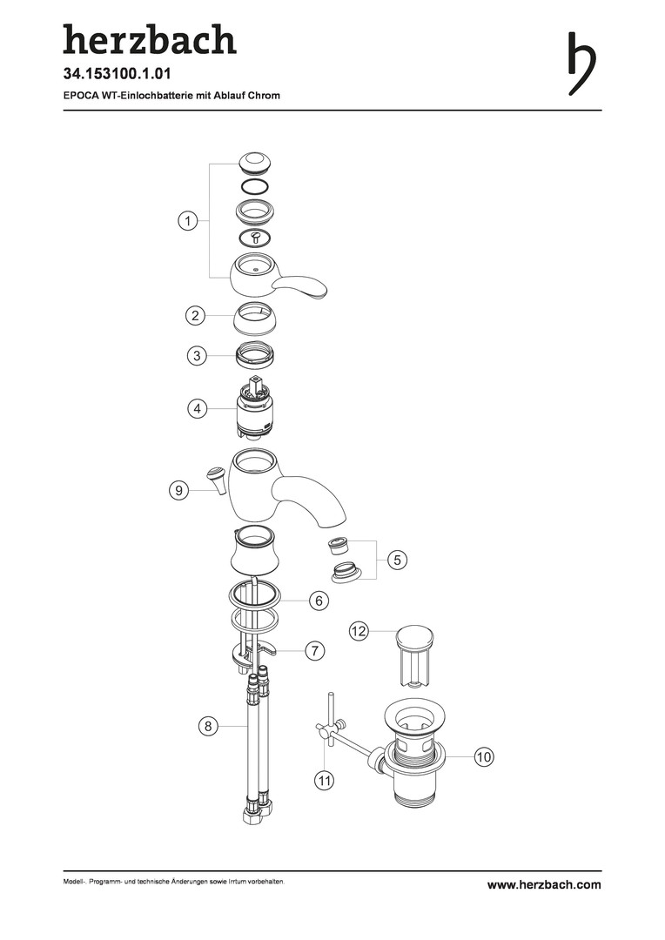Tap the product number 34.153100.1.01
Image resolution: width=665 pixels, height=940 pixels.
118,74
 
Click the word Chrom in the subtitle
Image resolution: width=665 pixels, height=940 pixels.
264,96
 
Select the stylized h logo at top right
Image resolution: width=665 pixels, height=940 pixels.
581,64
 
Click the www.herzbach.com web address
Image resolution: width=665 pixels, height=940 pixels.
544,885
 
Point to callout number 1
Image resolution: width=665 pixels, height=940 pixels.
188,220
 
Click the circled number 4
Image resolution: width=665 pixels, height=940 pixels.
197,409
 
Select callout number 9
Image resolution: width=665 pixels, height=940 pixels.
178,490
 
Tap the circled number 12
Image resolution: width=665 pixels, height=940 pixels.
358,631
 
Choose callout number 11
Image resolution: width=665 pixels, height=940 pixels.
325,781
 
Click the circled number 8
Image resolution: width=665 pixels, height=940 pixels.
208,727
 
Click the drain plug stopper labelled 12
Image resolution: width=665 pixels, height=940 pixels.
415,655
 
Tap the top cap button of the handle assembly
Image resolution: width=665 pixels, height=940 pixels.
254,163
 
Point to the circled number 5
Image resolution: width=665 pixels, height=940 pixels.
397,560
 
